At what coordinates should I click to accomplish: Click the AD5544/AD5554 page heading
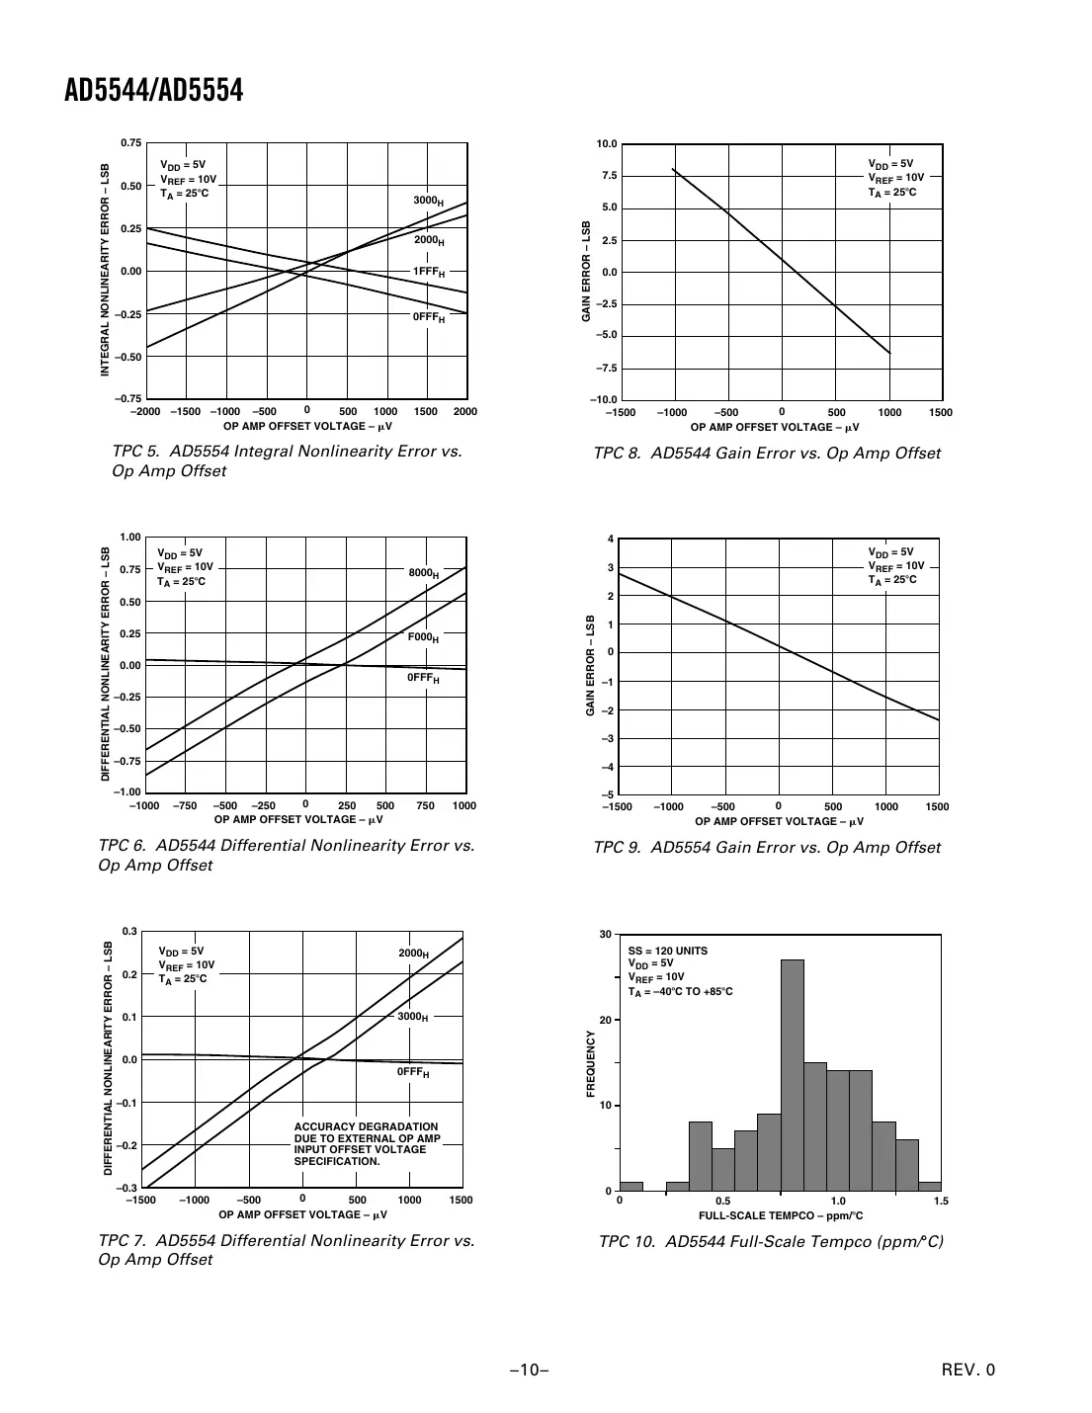click(x=153, y=92)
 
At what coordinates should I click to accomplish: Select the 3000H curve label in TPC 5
click(x=428, y=202)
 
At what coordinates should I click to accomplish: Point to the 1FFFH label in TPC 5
click(x=428, y=272)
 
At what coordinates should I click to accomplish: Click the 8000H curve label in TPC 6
click(x=424, y=573)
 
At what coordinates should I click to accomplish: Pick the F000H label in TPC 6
click(x=423, y=638)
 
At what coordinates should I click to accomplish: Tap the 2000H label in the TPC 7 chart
click(x=413, y=954)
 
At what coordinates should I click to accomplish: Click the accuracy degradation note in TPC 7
click(x=367, y=1144)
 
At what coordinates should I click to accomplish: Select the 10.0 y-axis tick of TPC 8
click(x=607, y=144)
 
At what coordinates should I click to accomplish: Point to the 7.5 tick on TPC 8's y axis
click(x=609, y=176)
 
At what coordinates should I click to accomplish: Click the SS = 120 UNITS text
click(x=667, y=951)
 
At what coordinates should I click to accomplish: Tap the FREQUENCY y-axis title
click(x=591, y=1063)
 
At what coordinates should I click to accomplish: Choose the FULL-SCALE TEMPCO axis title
click(x=780, y=1215)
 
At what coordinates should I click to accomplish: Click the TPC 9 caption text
click(x=767, y=848)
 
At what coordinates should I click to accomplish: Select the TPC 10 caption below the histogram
click(x=771, y=1242)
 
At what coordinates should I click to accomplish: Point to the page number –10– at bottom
click(x=530, y=1370)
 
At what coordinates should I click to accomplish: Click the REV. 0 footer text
click(x=968, y=1370)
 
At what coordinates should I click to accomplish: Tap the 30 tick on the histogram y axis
click(x=606, y=934)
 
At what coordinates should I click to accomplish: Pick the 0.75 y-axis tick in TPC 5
click(x=131, y=143)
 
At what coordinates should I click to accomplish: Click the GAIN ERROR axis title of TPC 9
click(x=590, y=666)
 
